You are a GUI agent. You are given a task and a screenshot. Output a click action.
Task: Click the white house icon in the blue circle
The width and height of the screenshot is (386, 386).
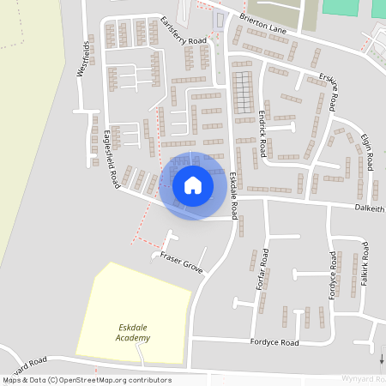193,185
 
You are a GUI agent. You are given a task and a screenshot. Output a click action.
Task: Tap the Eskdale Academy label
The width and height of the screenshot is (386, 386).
135,332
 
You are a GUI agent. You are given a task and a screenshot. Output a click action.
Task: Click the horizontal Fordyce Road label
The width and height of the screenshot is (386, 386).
274,342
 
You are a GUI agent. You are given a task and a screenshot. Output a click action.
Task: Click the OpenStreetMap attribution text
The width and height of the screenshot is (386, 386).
87,379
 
